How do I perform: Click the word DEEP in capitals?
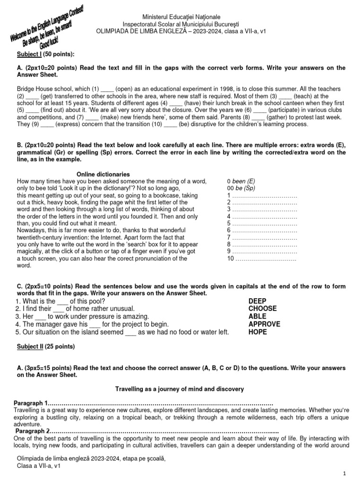tap(257, 301)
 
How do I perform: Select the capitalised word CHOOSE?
tap(262, 309)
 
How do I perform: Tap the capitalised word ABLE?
tap(257, 316)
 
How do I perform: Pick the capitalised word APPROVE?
tap(264, 324)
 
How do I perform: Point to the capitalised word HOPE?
tap(258, 332)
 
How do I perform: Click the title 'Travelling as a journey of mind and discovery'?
tap(180, 389)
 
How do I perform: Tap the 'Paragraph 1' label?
tap(31, 403)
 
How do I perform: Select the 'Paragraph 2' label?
tap(32, 431)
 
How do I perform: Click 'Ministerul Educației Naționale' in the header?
tap(169, 17)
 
